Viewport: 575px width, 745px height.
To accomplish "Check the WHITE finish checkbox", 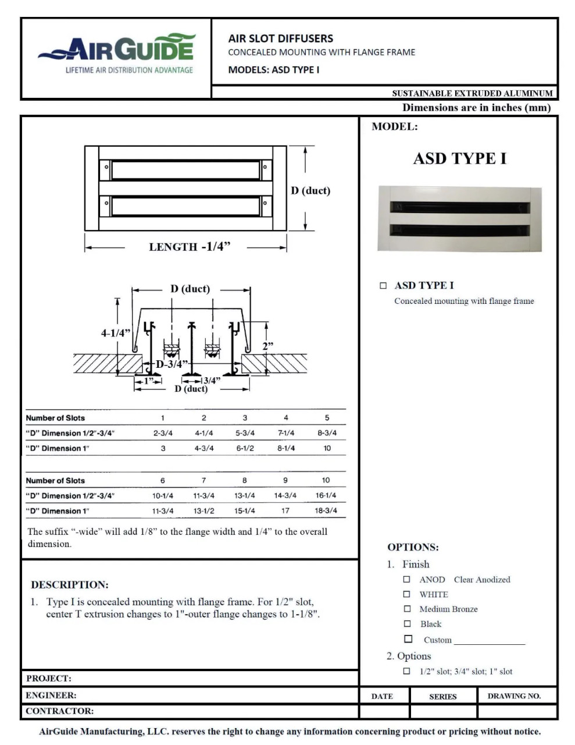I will pyautogui.click(x=407, y=594).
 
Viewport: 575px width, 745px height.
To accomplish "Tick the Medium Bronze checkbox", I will pyautogui.click(x=407, y=609).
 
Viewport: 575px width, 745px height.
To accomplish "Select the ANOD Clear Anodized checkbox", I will pyautogui.click(x=407, y=580).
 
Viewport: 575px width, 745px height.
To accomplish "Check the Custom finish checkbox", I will pyautogui.click(x=408, y=639).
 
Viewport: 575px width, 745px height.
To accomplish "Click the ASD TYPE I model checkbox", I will pyautogui.click(x=383, y=285).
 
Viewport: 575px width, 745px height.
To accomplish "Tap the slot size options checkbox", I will pyautogui.click(x=406, y=671).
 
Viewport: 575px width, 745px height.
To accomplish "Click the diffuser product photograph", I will pyautogui.click(x=459, y=219).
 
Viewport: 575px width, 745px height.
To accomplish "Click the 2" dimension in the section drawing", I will pyautogui.click(x=267, y=346).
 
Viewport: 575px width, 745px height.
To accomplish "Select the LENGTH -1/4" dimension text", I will pyautogui.click(x=190, y=247).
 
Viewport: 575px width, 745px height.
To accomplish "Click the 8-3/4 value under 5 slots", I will pyautogui.click(x=327, y=433).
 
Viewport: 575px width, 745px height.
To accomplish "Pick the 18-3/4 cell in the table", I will pyautogui.click(x=326, y=510).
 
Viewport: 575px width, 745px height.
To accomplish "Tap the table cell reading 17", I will pyautogui.click(x=285, y=510).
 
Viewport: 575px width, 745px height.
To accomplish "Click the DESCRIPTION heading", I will pyautogui.click(x=70, y=585).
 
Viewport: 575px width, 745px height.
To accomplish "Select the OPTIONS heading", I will pyautogui.click(x=413, y=547).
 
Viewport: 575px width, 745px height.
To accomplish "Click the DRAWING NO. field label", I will pyautogui.click(x=514, y=696).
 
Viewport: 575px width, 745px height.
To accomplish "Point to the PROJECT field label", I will pyautogui.click(x=49, y=678).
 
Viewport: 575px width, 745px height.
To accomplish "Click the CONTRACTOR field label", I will pyautogui.click(x=59, y=711).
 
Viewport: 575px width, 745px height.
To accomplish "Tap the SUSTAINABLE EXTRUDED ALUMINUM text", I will pyautogui.click(x=472, y=93).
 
